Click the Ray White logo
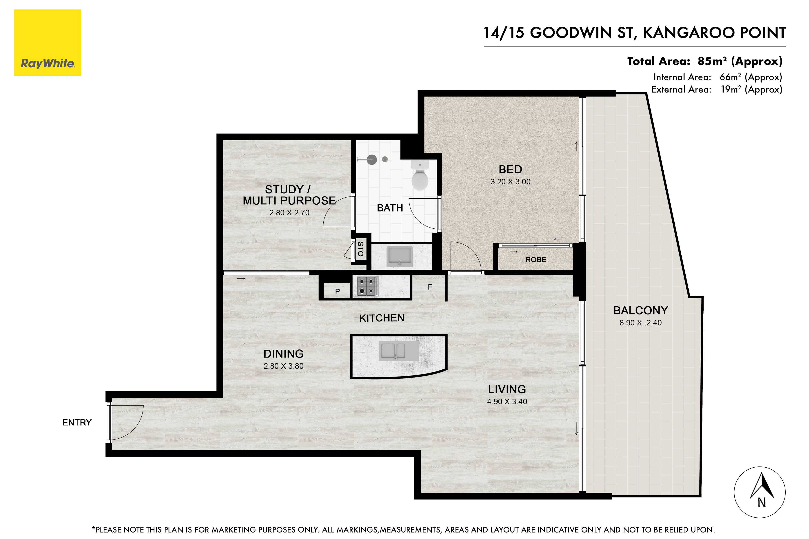47,43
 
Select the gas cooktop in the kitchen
368,286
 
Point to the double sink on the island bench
399,351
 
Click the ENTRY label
77,422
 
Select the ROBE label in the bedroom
536,260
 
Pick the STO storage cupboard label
360,249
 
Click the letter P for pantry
338,292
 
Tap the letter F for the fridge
430,287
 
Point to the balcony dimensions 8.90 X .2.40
640,323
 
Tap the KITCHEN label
382,318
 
